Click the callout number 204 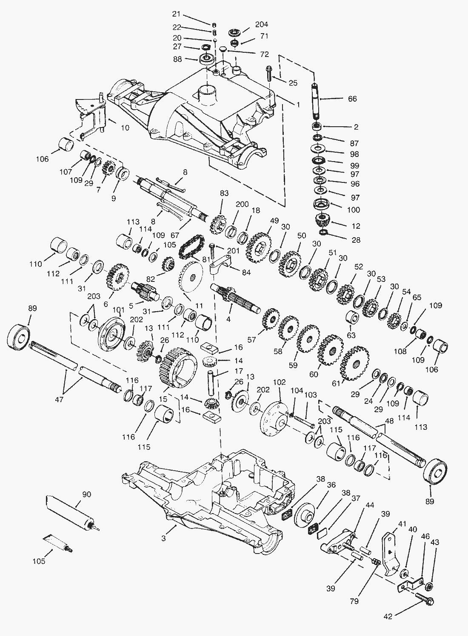tap(262, 25)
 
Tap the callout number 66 tap(352, 99)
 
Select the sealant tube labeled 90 tap(69, 511)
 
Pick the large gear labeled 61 tap(354, 364)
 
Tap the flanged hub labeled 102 tap(274, 420)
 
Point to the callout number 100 tap(353, 210)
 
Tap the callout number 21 tap(176, 14)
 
